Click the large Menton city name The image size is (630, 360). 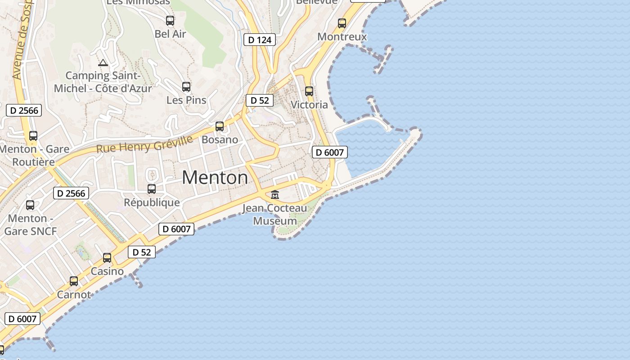coord(215,178)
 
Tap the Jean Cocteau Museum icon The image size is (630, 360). coord(275,195)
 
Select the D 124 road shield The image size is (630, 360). coord(260,40)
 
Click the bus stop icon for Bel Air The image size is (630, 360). coord(170,21)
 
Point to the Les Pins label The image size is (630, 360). coord(186,100)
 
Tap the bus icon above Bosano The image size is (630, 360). coord(220,126)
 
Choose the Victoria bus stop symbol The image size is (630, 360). coord(309,91)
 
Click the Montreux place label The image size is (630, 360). coord(342,36)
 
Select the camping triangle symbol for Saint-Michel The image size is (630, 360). coord(103,63)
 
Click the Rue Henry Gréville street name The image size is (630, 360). coord(144,144)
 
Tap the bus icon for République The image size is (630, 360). coord(152,189)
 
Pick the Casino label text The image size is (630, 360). coord(107,271)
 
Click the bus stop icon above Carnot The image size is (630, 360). coord(74,281)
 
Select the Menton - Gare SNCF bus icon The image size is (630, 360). coord(30,205)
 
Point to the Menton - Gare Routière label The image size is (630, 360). coord(34,155)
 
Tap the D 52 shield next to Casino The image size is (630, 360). coord(142,252)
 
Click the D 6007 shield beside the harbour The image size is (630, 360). coord(330,152)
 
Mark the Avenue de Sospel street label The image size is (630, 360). coord(21,40)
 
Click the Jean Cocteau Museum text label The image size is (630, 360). coord(274,215)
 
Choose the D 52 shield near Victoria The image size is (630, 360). coord(260,100)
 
